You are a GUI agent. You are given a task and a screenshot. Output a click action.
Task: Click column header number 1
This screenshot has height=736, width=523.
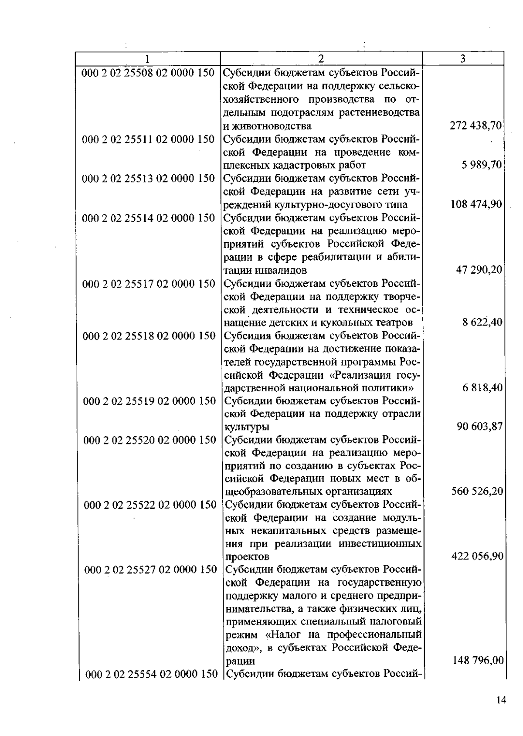point(148,58)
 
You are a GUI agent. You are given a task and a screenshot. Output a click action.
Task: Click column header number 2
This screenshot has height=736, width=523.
point(321,58)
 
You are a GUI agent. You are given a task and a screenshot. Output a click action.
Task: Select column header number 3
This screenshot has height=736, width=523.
point(463,58)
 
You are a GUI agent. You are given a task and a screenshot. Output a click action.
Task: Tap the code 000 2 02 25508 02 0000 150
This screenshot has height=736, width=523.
point(148,73)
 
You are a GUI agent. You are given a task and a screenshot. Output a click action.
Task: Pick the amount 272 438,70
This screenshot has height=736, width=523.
point(476,126)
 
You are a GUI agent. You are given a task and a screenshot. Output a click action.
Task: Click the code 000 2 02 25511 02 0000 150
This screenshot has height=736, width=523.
point(148,139)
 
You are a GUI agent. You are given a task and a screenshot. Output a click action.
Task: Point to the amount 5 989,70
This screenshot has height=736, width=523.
point(482,165)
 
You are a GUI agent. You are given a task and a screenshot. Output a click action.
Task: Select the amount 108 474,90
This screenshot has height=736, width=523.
point(476,204)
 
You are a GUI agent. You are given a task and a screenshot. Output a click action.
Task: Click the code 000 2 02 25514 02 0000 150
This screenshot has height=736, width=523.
point(148,218)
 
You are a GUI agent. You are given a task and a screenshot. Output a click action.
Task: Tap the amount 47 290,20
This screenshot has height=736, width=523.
point(479,270)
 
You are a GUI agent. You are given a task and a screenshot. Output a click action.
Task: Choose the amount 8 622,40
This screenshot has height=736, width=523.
point(482,322)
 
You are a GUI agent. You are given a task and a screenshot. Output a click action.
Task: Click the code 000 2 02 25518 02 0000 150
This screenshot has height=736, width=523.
point(149,336)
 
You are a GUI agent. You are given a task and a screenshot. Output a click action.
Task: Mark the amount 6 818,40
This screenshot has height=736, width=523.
point(482,388)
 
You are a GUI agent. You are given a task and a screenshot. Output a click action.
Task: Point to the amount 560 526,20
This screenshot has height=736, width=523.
point(477,492)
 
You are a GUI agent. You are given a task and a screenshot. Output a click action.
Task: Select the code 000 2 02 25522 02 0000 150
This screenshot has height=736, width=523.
point(149,505)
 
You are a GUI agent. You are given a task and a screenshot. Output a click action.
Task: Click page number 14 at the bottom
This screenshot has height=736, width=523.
point(501,700)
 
